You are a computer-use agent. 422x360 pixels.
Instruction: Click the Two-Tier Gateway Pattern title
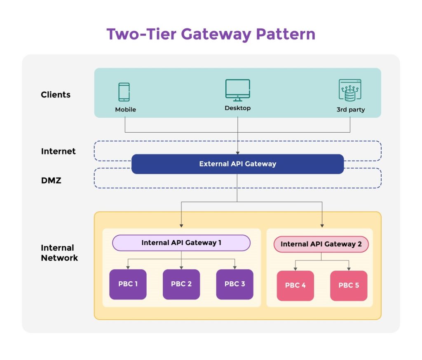(x=211, y=34)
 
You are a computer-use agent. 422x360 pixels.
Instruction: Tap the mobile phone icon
(x=124, y=92)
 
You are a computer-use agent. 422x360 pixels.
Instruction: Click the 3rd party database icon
(x=350, y=90)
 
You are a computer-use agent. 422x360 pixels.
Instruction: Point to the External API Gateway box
(x=237, y=164)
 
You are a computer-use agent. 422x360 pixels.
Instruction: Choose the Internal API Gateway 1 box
(x=181, y=243)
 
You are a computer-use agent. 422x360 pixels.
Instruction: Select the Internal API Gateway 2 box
(x=321, y=244)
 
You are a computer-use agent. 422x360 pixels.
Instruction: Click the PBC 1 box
(x=128, y=284)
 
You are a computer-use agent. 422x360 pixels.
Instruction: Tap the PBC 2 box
(x=181, y=284)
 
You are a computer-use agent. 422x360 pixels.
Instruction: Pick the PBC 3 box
(x=234, y=284)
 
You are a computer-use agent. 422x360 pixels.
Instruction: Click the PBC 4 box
(x=295, y=285)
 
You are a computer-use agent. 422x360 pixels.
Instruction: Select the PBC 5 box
(x=349, y=285)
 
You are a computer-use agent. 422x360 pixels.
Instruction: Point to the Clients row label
(x=56, y=95)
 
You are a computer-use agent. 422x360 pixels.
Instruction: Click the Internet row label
(x=59, y=151)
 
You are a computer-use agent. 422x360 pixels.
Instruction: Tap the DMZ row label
(x=51, y=180)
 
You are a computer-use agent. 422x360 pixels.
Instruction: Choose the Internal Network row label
(x=59, y=253)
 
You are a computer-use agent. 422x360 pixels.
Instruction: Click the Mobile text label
(x=125, y=110)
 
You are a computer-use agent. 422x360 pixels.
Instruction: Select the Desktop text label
(x=237, y=108)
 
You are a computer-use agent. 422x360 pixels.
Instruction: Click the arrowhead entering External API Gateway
(x=237, y=152)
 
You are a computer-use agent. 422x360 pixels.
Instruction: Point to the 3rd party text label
(x=350, y=110)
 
